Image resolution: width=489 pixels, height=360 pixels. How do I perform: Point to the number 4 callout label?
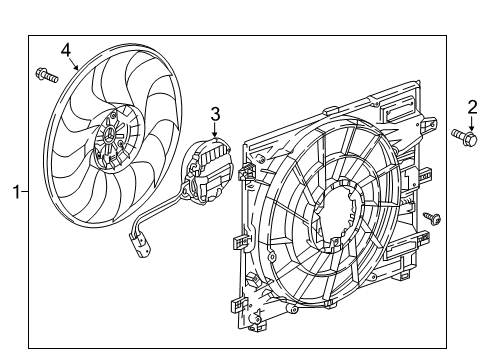(x=65, y=48)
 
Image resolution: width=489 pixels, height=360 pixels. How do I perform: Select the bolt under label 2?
(x=463, y=135)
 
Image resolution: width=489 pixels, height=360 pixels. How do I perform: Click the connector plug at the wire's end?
(x=136, y=240)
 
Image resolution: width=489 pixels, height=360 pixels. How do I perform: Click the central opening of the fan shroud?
(x=330, y=215)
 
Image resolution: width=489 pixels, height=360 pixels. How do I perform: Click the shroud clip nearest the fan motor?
(x=239, y=240)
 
